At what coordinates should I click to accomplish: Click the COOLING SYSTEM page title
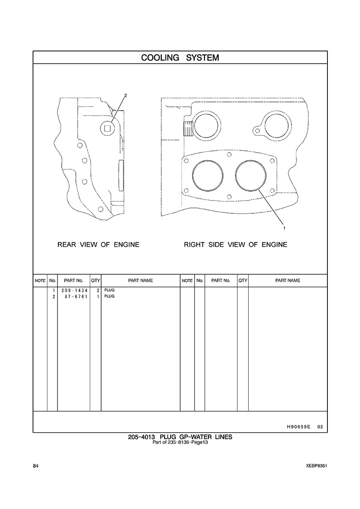(x=180, y=58)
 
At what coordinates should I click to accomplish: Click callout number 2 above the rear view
(x=126, y=96)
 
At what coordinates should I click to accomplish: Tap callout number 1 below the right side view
(x=285, y=228)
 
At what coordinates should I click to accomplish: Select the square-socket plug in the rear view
(x=108, y=128)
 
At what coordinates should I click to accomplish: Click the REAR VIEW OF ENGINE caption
(x=99, y=245)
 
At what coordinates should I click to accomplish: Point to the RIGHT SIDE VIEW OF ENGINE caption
(x=236, y=245)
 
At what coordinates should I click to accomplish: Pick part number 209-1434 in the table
(x=74, y=290)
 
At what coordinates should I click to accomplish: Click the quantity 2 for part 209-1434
(x=98, y=290)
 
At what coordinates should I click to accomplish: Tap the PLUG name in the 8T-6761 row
(x=109, y=296)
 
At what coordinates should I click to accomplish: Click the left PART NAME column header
(x=140, y=281)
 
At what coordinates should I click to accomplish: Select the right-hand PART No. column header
(x=221, y=281)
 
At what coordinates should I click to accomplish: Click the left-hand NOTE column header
(x=40, y=281)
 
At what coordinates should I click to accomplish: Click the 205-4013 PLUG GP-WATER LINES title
(x=180, y=437)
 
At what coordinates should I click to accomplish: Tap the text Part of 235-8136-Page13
(x=180, y=442)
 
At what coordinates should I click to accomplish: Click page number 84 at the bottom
(x=36, y=466)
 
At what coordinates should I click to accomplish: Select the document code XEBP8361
(x=316, y=466)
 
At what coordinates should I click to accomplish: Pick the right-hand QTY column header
(x=243, y=281)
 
